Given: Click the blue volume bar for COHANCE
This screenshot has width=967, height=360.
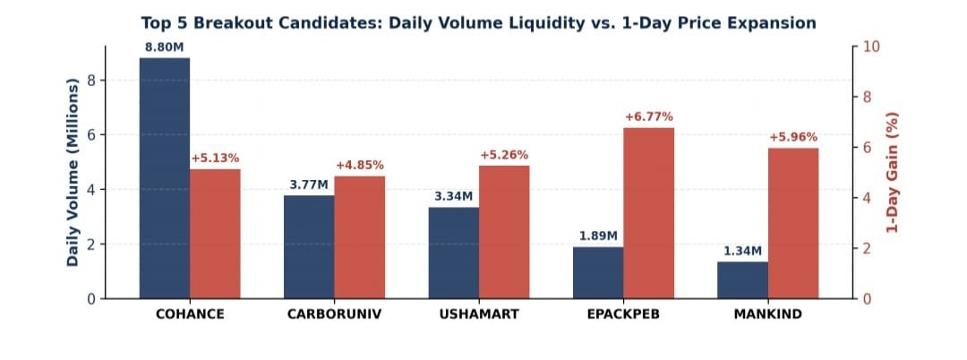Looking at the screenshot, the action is pyautogui.click(x=165, y=178).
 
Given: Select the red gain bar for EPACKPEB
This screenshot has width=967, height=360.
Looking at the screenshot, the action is pyautogui.click(x=649, y=213).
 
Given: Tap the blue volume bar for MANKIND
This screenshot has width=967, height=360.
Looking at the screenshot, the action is pyautogui.click(x=742, y=280).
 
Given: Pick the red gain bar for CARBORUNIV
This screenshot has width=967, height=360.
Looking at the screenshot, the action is pyautogui.click(x=360, y=237).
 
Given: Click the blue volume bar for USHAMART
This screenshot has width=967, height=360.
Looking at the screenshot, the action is pyautogui.click(x=454, y=253).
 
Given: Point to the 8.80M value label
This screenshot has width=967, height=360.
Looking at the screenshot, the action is pyautogui.click(x=165, y=47).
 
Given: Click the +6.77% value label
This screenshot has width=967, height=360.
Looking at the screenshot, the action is pyautogui.click(x=649, y=117).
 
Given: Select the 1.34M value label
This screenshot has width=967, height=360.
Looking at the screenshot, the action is pyautogui.click(x=742, y=252).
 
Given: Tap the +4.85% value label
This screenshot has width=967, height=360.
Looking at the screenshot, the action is pyautogui.click(x=360, y=165).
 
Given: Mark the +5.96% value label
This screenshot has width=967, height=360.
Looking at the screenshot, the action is pyautogui.click(x=793, y=138).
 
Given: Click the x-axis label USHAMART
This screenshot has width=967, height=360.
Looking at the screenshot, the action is pyautogui.click(x=479, y=314).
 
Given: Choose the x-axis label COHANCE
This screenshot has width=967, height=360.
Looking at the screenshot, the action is pyautogui.click(x=190, y=314).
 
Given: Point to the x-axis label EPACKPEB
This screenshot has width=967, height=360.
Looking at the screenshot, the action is pyautogui.click(x=623, y=314).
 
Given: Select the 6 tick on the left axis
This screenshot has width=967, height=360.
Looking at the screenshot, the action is pyautogui.click(x=92, y=135).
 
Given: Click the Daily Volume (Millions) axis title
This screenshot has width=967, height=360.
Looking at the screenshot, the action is pyautogui.click(x=73, y=172).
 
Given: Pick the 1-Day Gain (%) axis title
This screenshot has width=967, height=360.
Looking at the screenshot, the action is pyautogui.click(x=892, y=172).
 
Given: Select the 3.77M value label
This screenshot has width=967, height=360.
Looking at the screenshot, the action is pyautogui.click(x=309, y=185).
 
